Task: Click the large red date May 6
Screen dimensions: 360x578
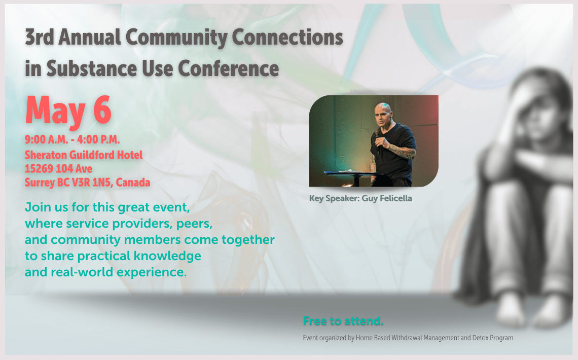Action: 68,111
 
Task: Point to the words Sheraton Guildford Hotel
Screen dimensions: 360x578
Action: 84,155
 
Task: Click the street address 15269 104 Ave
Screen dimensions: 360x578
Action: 58,168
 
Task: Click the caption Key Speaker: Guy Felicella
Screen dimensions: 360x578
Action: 360,198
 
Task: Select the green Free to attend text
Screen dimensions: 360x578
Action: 343,321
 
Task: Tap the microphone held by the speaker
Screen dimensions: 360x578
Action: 376,142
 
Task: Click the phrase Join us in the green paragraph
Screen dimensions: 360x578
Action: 42,207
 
